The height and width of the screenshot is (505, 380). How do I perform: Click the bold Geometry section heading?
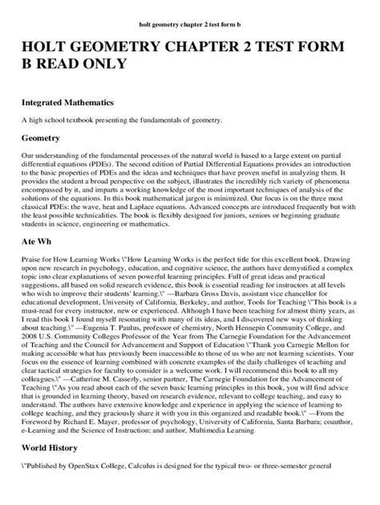pyautogui.click(x=46, y=138)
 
